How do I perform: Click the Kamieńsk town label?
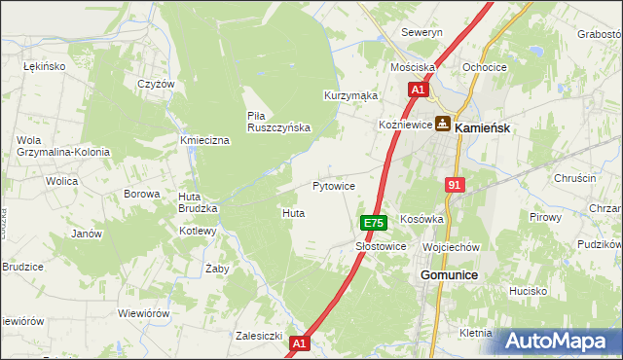pos(484,126)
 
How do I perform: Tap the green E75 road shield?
pos(373,223)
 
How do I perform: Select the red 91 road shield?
pos(455,184)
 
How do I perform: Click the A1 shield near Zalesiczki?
pos(299,343)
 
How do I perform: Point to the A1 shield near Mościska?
pos(418,90)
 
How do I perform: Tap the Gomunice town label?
pos(449,275)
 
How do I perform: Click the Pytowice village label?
pos(333,185)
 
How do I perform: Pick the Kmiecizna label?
pos(204,141)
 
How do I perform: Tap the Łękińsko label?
pos(43,65)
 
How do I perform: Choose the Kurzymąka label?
pos(350,96)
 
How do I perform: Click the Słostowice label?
pos(381,247)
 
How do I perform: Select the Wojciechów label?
pos(452,247)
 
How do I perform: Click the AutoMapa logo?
pos(556,342)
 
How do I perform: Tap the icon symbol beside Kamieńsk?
pos(443,125)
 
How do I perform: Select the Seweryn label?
pos(422,32)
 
